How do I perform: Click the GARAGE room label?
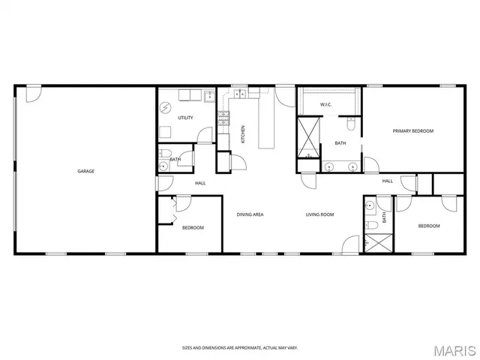(x=85, y=171)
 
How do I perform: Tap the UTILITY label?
(x=185, y=118)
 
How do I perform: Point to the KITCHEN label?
(x=243, y=135)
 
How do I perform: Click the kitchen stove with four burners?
(x=223, y=117)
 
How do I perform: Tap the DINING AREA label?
(x=250, y=215)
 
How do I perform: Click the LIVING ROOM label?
(x=319, y=215)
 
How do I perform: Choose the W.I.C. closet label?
(x=326, y=104)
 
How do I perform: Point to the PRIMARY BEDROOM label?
(x=413, y=131)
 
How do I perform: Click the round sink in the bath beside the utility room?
(x=163, y=167)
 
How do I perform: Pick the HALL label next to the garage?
(x=200, y=183)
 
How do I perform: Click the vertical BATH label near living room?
(x=384, y=217)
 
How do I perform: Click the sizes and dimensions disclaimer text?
(x=239, y=347)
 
